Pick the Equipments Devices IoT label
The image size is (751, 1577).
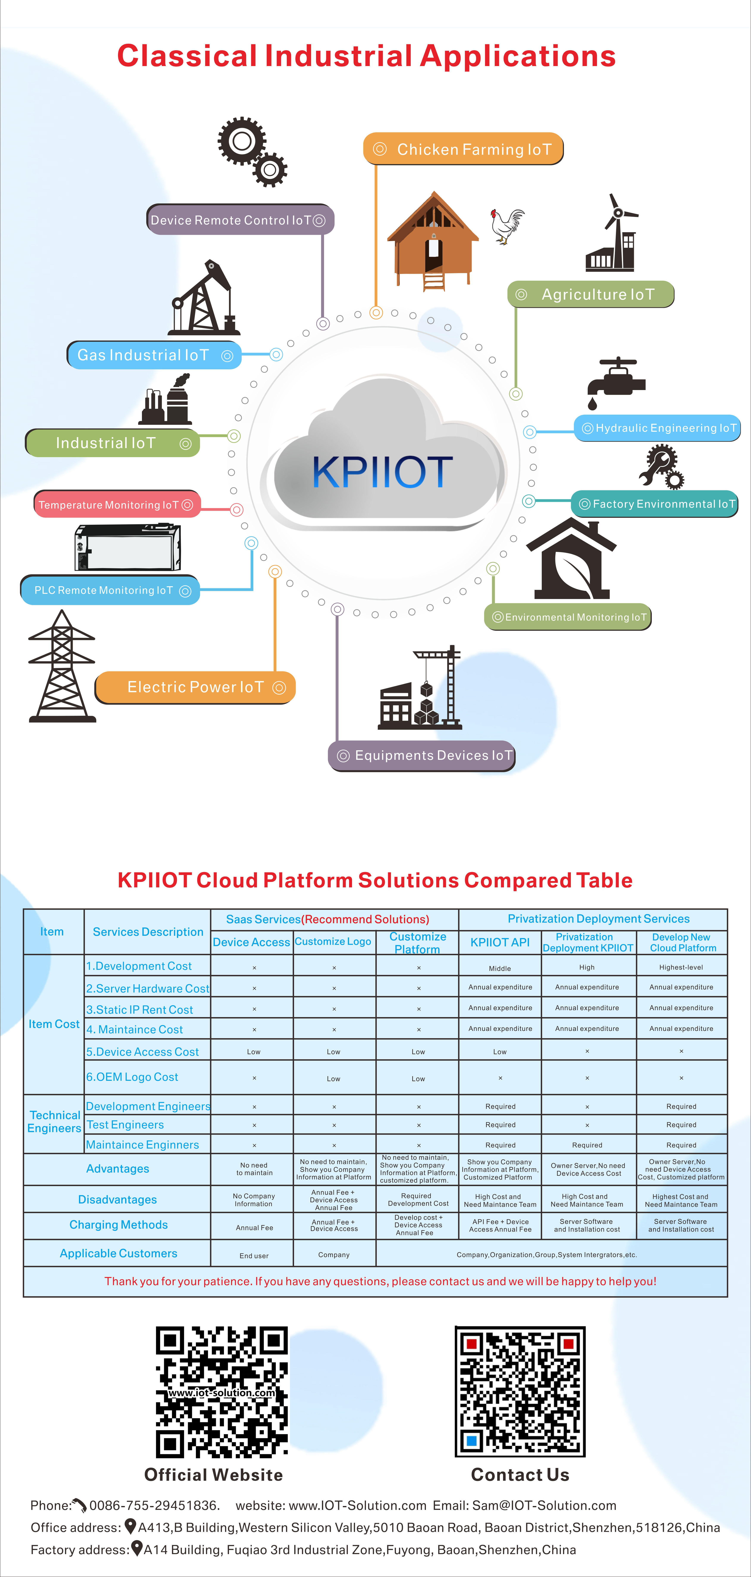422,755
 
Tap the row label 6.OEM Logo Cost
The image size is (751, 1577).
132,1077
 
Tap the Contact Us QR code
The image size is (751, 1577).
520,1392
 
